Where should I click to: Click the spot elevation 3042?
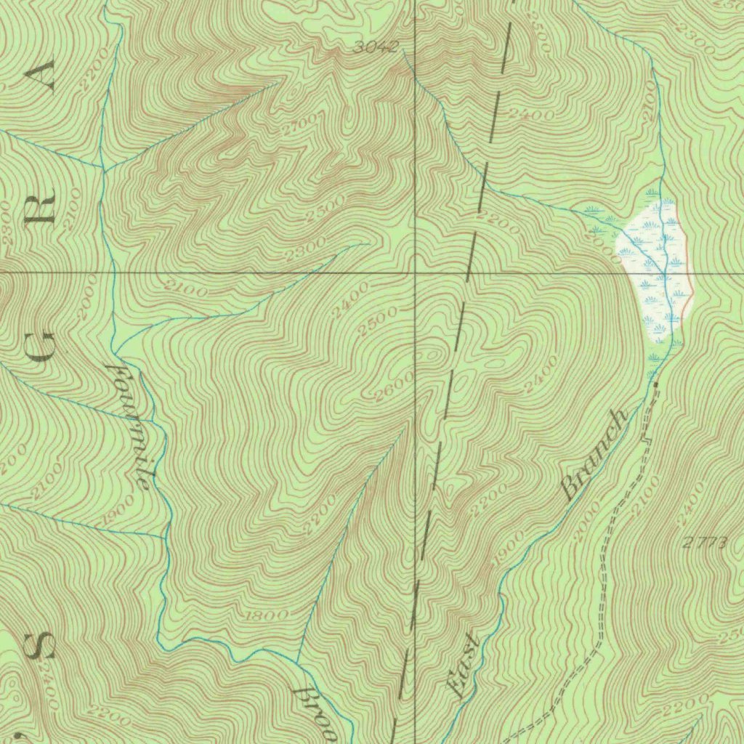pos(376,48)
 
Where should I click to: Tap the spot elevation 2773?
pos(703,542)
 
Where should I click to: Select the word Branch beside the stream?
pos(594,455)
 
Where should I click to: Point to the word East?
pos(463,667)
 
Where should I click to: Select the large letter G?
pos(43,344)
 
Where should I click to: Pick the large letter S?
pos(42,644)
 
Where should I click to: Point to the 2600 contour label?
pos(395,386)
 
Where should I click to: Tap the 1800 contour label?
pos(268,615)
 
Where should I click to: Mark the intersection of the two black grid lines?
pos(415,273)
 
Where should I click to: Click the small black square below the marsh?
pos(656,383)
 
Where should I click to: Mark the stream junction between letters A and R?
pos(103,169)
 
